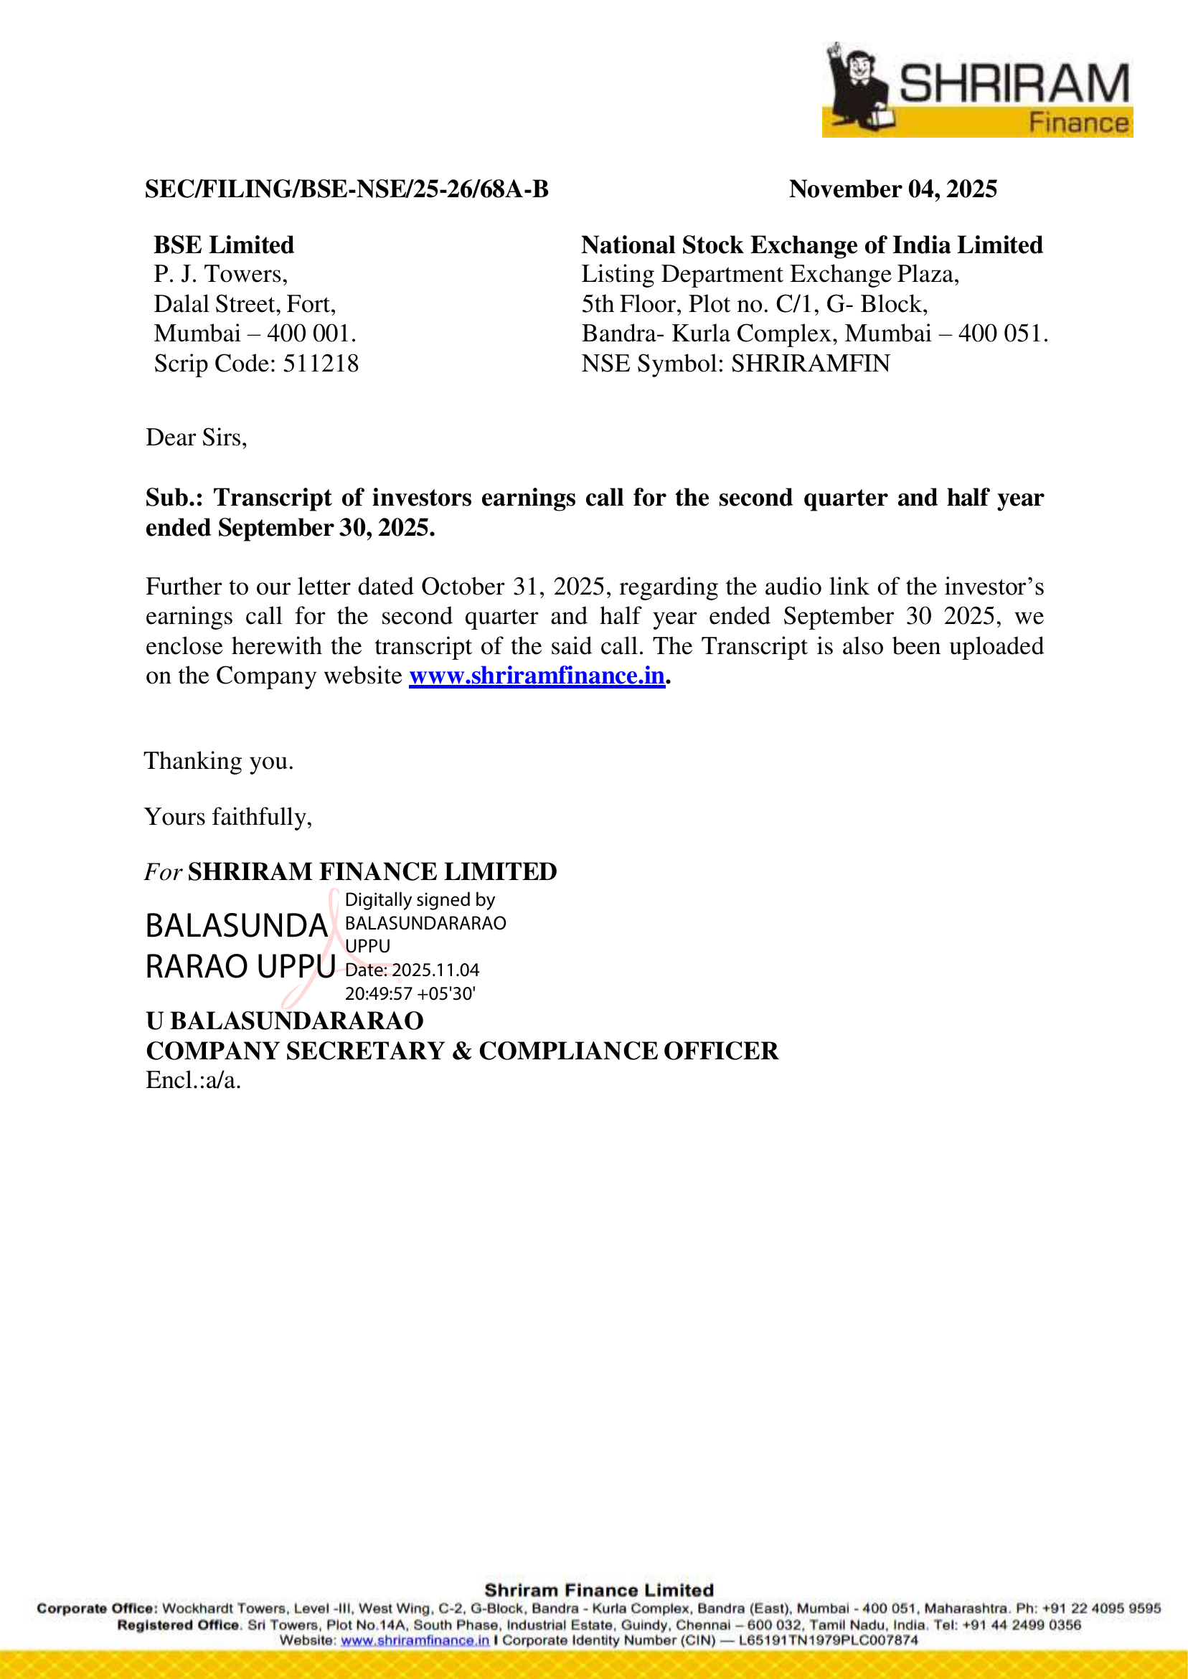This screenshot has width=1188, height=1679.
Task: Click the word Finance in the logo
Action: [1079, 123]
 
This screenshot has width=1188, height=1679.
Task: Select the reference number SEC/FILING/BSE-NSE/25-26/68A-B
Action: [346, 189]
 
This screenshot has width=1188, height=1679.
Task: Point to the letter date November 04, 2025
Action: [892, 189]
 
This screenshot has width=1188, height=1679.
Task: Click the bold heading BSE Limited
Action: [224, 245]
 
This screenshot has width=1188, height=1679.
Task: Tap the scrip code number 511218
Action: [321, 364]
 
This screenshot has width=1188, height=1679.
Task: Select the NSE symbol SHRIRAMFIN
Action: [811, 364]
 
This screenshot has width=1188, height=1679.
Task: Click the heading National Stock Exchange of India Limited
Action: [812, 245]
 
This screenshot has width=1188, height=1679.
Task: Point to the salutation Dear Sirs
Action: [196, 438]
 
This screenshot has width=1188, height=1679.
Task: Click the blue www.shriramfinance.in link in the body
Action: [537, 676]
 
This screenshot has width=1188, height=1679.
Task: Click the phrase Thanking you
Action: [219, 761]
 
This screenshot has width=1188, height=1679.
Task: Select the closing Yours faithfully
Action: [228, 817]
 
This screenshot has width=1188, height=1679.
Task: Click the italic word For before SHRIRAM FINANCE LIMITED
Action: [162, 872]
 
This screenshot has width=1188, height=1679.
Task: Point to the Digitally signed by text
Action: [420, 899]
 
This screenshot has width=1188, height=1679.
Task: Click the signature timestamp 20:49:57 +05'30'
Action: [410, 994]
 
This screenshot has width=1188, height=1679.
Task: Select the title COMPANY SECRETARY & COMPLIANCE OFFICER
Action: [461, 1051]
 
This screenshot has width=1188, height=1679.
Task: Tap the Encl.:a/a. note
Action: [193, 1080]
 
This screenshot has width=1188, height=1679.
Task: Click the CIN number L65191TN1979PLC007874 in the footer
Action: [828, 1640]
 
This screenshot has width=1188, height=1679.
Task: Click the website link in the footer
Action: [415, 1640]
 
